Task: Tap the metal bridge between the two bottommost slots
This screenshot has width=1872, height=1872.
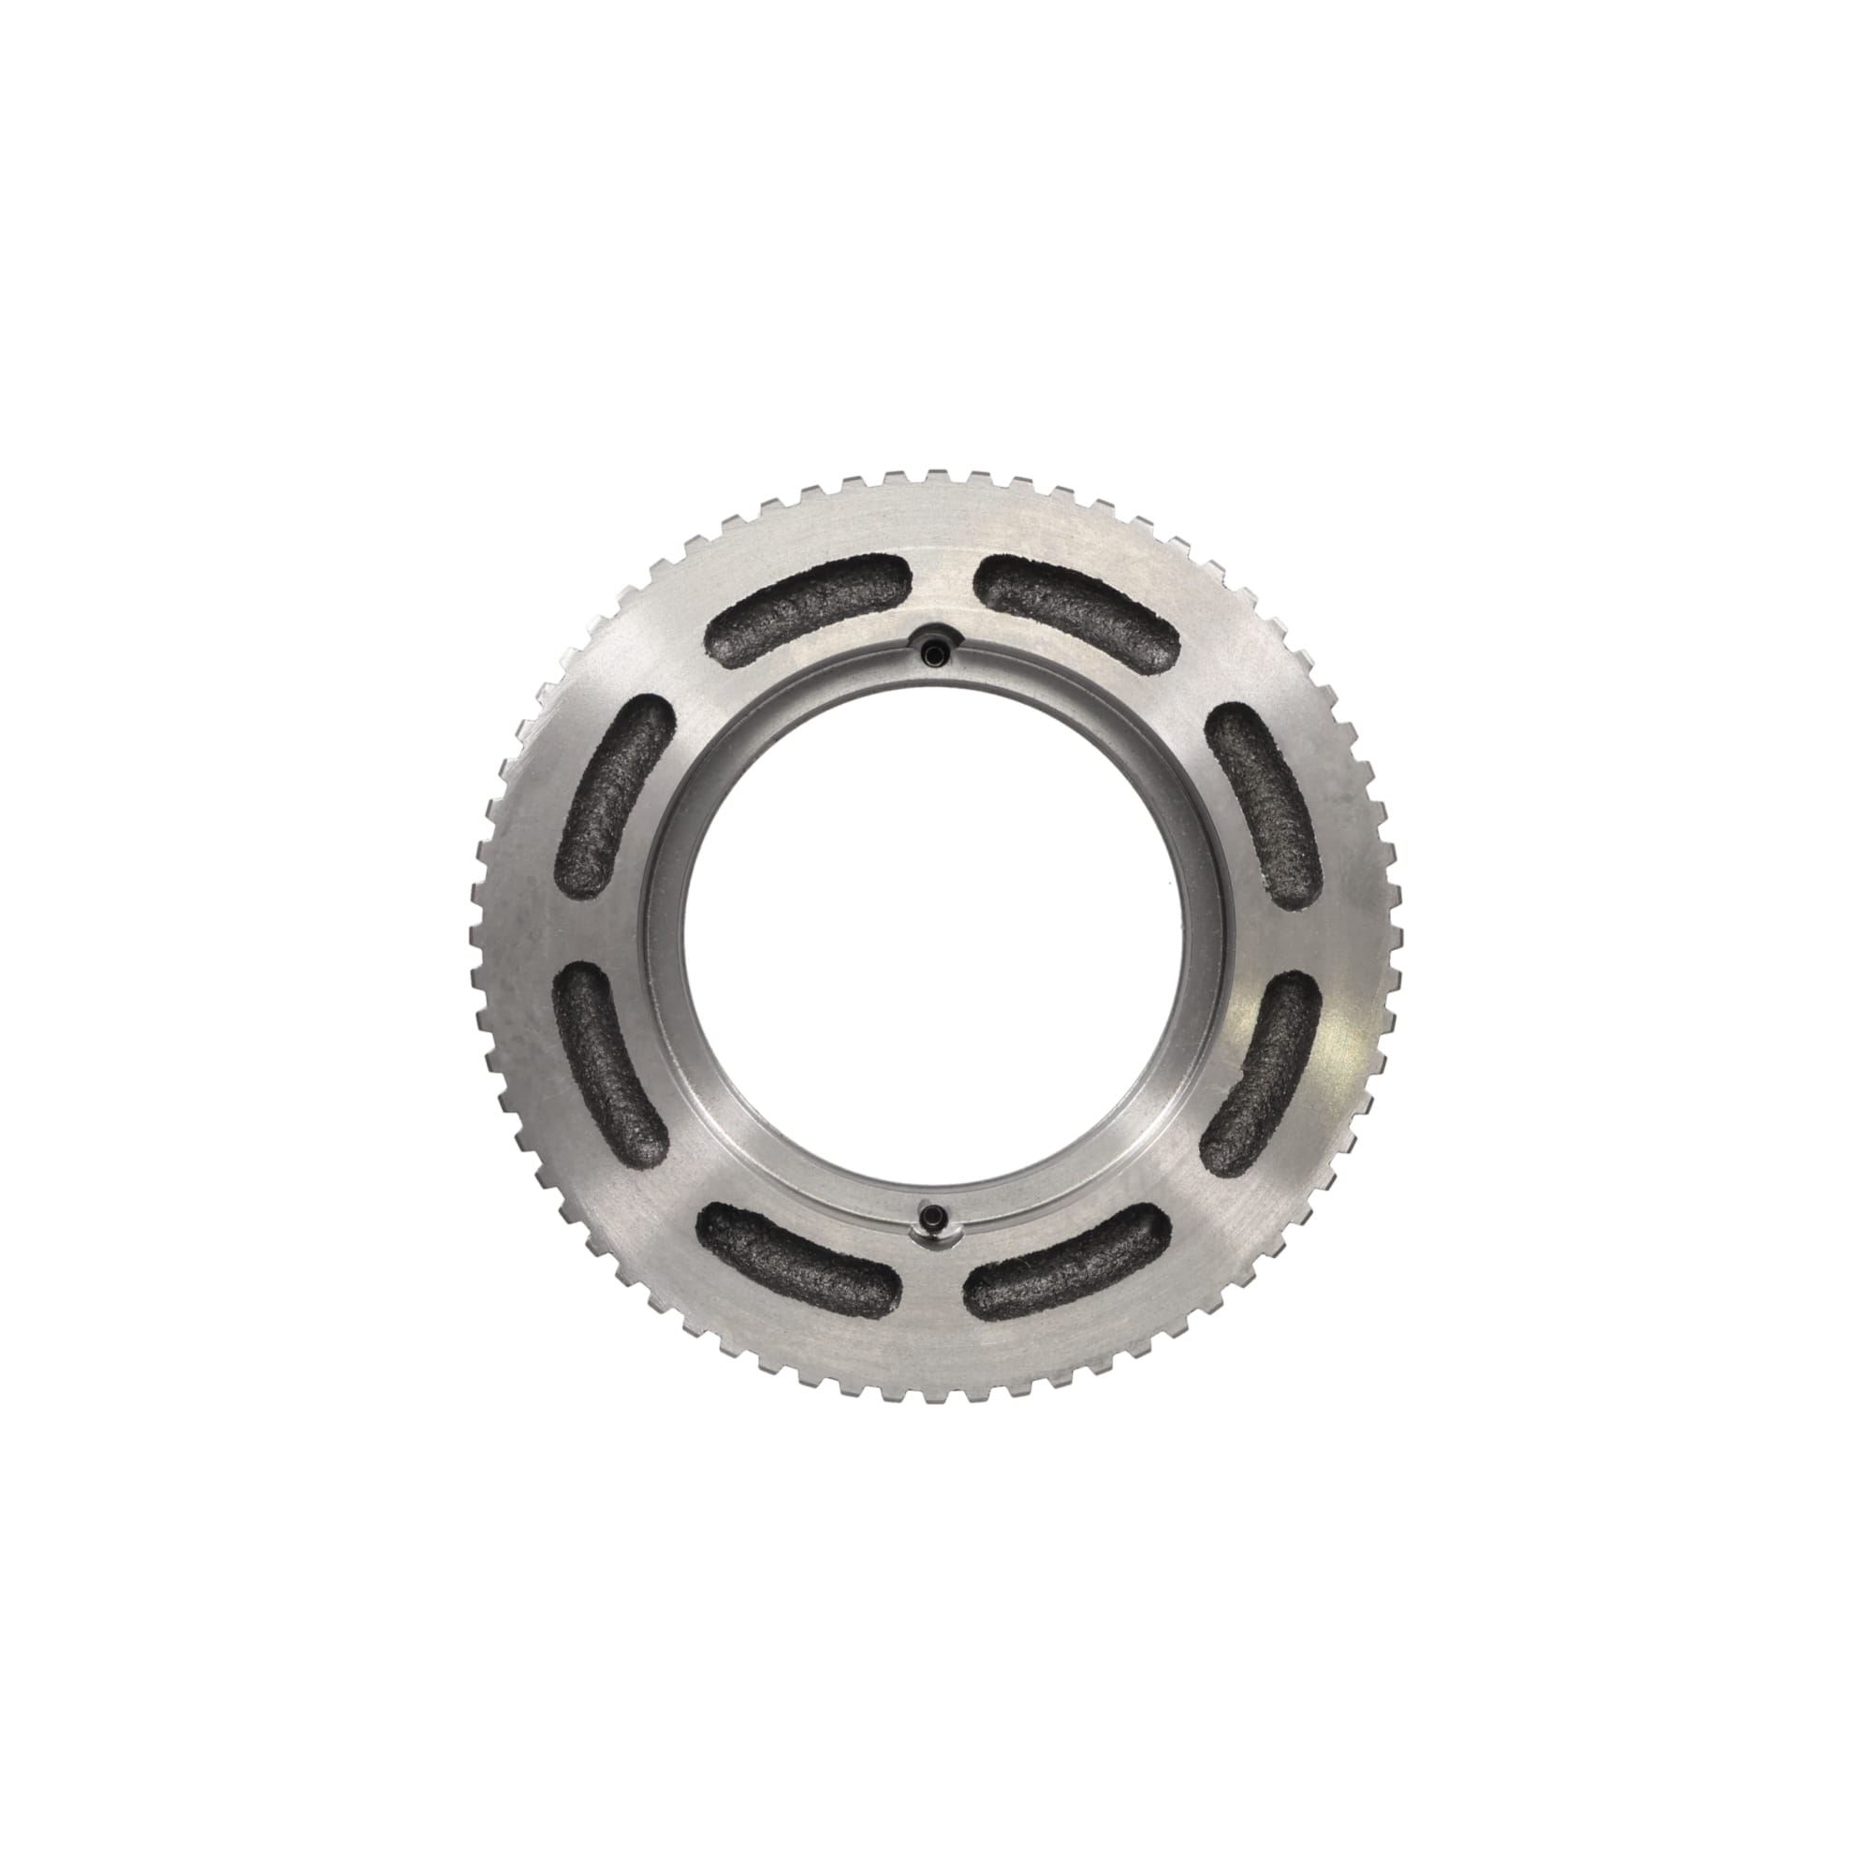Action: click(932, 1269)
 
